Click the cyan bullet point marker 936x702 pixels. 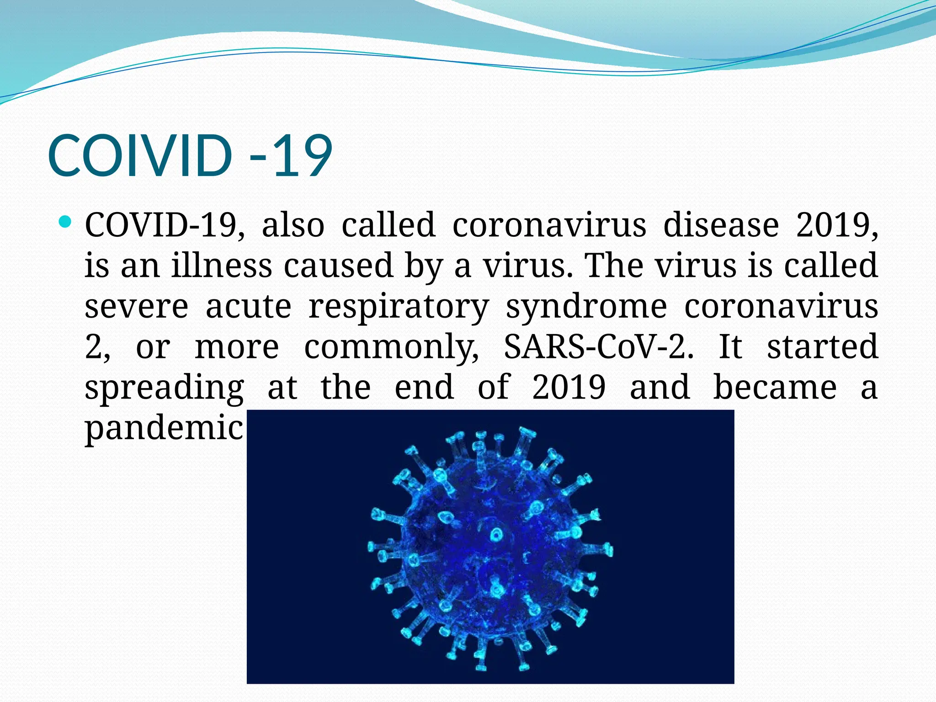coord(66,223)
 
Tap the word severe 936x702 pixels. coord(136,306)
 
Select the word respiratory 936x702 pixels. coord(399,306)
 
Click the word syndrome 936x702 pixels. coord(586,306)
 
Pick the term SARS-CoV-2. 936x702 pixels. coord(598,346)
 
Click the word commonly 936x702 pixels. coord(392,346)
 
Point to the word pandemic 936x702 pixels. coord(164,428)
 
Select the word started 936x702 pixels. coord(822,346)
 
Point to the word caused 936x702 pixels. coord(338,265)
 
